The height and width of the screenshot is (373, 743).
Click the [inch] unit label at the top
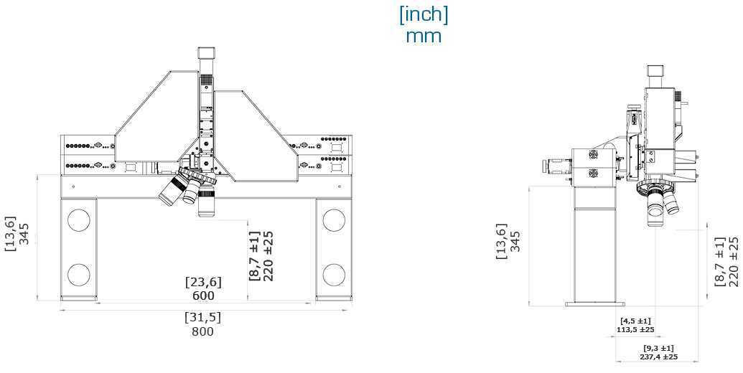click(x=424, y=15)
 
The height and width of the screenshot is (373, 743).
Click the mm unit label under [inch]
click(x=424, y=36)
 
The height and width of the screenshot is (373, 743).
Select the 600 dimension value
click(x=203, y=295)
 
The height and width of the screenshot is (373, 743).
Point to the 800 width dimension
click(x=203, y=331)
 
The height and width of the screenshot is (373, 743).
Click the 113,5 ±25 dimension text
click(x=635, y=330)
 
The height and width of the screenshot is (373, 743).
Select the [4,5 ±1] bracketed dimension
click(x=635, y=321)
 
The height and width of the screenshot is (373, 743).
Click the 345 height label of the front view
click(x=24, y=233)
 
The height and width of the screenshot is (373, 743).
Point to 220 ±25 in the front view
click(x=268, y=255)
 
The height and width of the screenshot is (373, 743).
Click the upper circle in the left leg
click(x=78, y=219)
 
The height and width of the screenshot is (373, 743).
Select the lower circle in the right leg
click(x=333, y=274)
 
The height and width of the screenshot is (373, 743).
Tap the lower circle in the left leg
click(x=78, y=274)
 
